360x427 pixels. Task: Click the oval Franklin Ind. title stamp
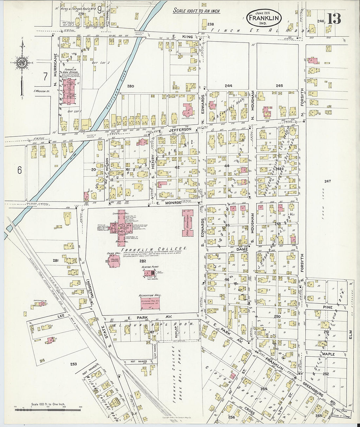pyautogui.click(x=264, y=18)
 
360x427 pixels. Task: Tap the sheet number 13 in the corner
pyautogui.click(x=333, y=19)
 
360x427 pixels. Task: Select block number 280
pyautogui.click(x=131, y=86)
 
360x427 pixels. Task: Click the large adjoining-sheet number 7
pyautogui.click(x=45, y=76)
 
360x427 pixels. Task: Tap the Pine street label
pyautogui.click(x=328, y=308)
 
